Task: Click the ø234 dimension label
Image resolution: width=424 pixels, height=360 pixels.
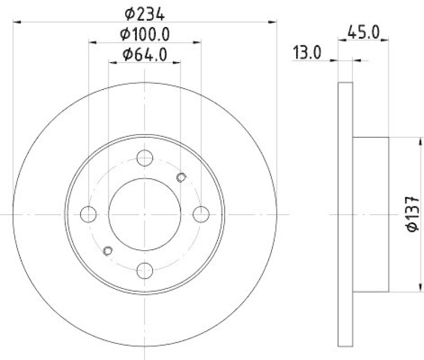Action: coord(145,12)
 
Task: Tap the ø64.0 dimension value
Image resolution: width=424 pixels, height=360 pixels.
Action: coord(145,54)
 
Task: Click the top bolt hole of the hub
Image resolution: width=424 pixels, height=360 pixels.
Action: coord(145,157)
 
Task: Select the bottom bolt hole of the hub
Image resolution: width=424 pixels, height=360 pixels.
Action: coord(145,270)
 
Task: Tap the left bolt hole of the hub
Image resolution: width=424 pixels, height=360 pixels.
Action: coord(89,214)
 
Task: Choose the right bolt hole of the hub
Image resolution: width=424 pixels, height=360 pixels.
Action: coord(201,214)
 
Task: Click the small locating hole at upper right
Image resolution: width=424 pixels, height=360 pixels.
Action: coord(181,177)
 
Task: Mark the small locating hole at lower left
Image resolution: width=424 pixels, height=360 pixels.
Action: coord(108,250)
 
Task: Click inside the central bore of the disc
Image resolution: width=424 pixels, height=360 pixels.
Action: coord(145,214)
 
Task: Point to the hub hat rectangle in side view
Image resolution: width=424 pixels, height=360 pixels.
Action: coord(371,214)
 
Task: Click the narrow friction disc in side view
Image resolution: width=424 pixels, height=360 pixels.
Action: coord(345,214)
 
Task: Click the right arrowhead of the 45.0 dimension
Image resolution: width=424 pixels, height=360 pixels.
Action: coord(386,39)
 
